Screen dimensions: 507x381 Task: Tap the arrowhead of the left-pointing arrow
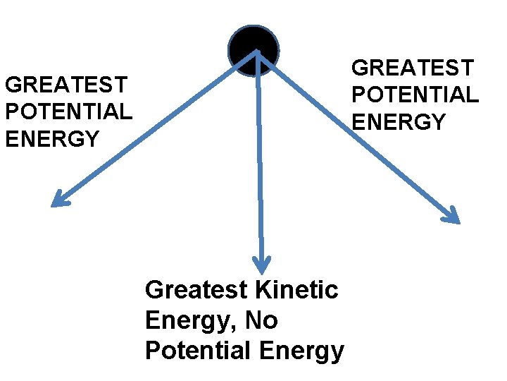point(59,200)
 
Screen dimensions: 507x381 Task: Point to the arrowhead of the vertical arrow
point(262,265)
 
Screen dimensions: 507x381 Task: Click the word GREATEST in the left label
point(65,85)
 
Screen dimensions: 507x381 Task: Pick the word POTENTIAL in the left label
point(68,112)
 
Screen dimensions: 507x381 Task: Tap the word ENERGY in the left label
point(52,139)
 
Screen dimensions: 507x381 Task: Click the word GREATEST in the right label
point(413,68)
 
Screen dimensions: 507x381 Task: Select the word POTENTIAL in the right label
point(415,95)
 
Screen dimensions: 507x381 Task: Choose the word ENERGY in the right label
point(399,121)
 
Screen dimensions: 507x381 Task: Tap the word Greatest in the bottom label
point(196,289)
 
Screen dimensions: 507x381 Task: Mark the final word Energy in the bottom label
point(301,351)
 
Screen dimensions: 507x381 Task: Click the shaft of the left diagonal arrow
point(155,127)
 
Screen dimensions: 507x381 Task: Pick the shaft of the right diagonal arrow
point(359,137)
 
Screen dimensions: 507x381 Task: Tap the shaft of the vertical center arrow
point(260,162)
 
